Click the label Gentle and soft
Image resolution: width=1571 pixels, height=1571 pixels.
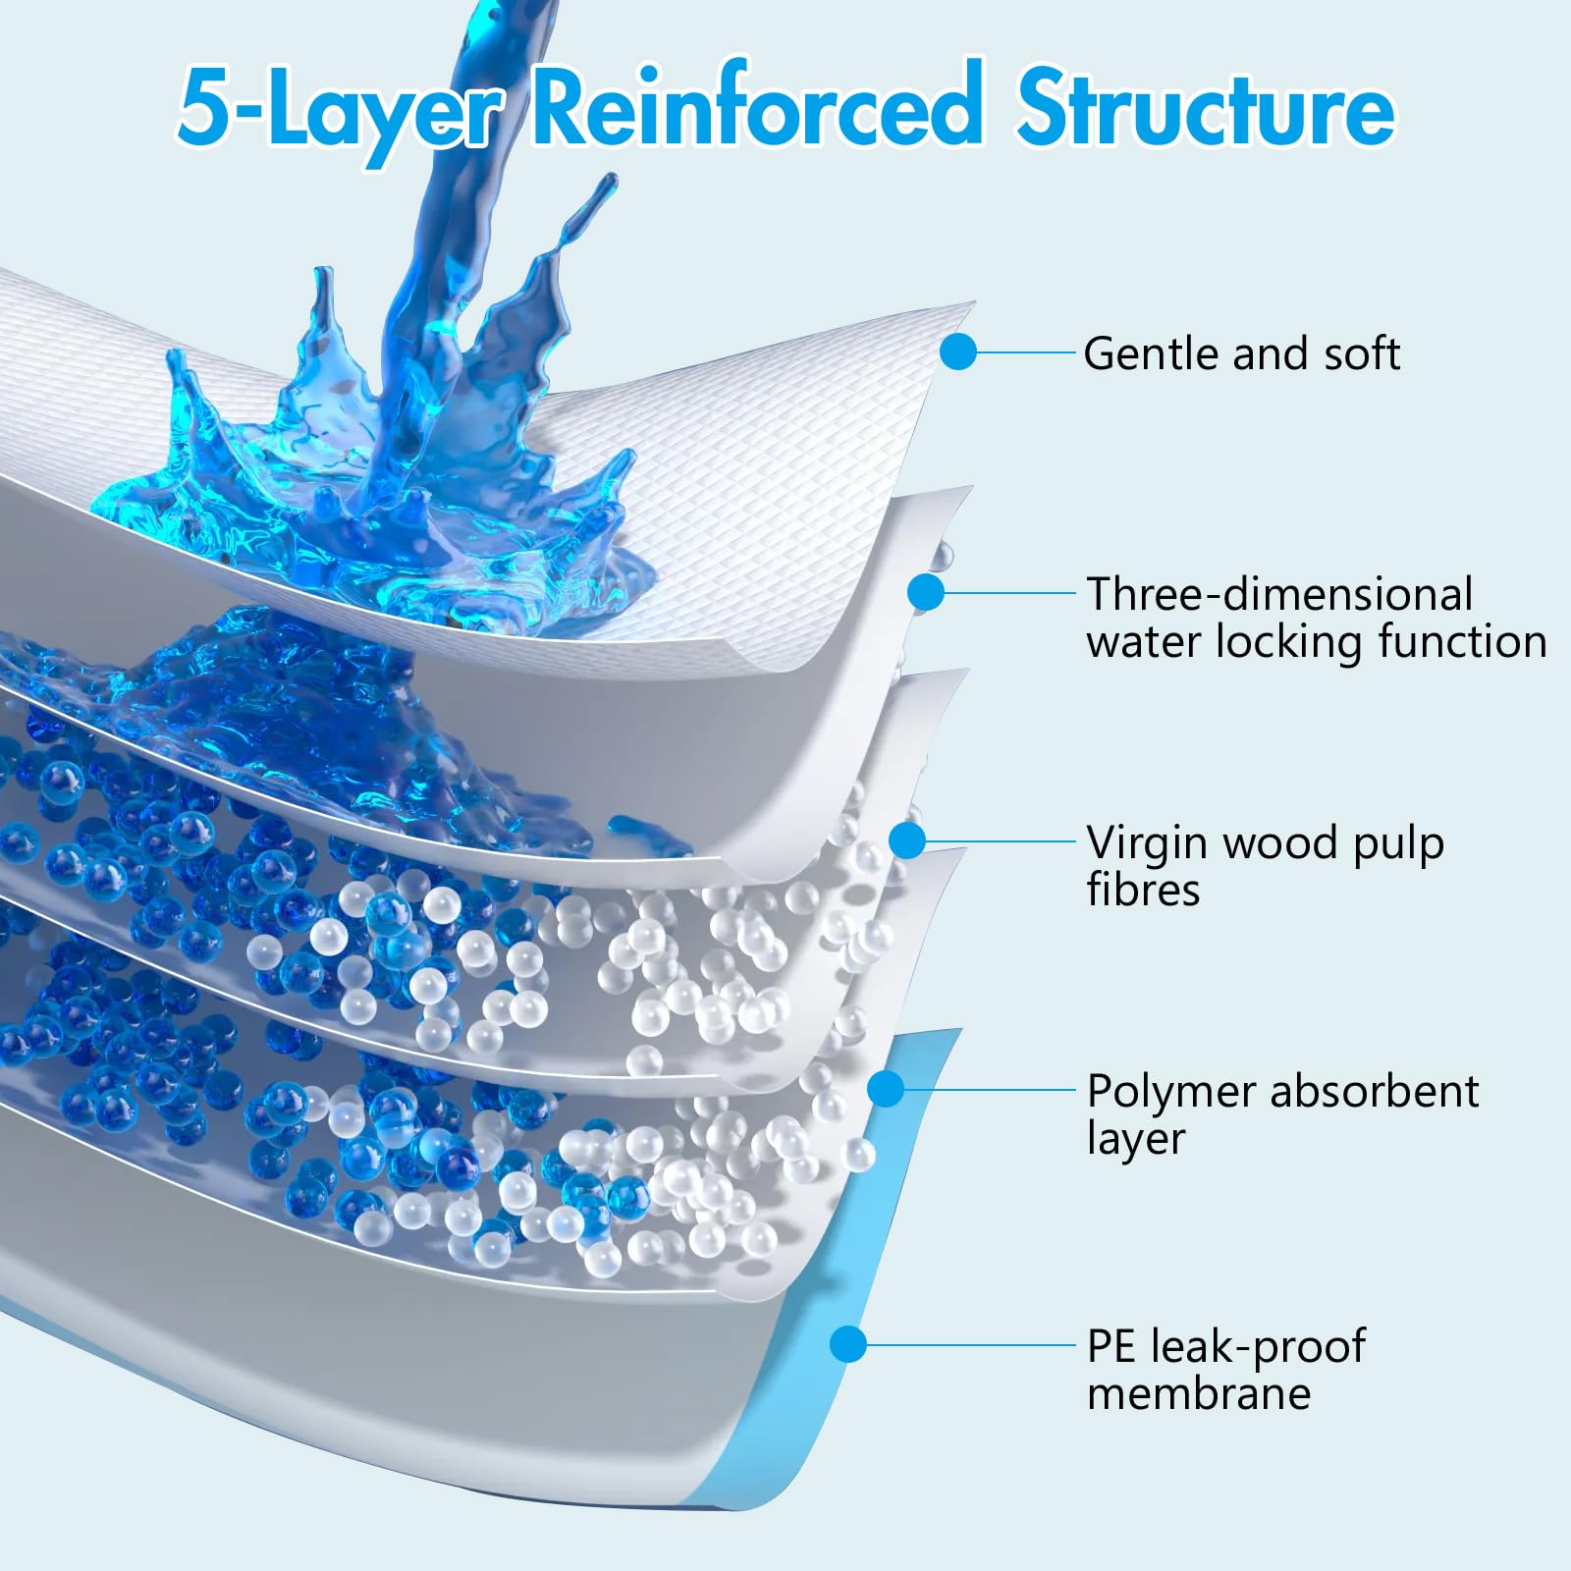coord(1241,353)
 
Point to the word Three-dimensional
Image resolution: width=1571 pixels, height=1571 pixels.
coord(1279,594)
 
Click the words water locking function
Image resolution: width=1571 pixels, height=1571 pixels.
coord(1317,642)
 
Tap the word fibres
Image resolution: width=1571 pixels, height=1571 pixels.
coord(1143,890)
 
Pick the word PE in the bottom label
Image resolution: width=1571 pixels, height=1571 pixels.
coord(1111,1346)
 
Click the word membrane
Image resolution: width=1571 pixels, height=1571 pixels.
coord(1199,1392)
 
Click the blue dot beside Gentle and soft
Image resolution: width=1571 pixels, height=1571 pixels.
coord(958,352)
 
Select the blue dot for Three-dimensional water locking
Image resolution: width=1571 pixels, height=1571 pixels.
coord(926,592)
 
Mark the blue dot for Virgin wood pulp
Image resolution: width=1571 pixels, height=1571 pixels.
coord(908,840)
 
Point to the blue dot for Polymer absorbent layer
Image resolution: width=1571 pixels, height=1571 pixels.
coord(886,1089)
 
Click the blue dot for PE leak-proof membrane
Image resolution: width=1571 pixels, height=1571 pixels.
coord(848,1344)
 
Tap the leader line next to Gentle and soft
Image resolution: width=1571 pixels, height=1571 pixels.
coord(1027,352)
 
